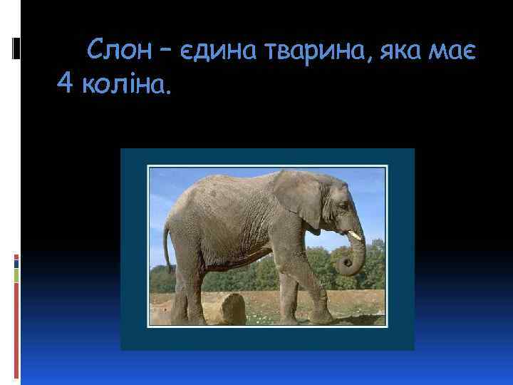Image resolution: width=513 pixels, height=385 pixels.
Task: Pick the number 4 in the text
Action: point(65,86)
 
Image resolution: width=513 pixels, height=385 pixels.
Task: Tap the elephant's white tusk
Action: point(355,234)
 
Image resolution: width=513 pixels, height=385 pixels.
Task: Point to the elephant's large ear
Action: point(296,200)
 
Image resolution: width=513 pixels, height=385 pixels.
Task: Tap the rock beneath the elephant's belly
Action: point(232,309)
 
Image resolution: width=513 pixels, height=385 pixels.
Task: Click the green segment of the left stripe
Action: point(16,275)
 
